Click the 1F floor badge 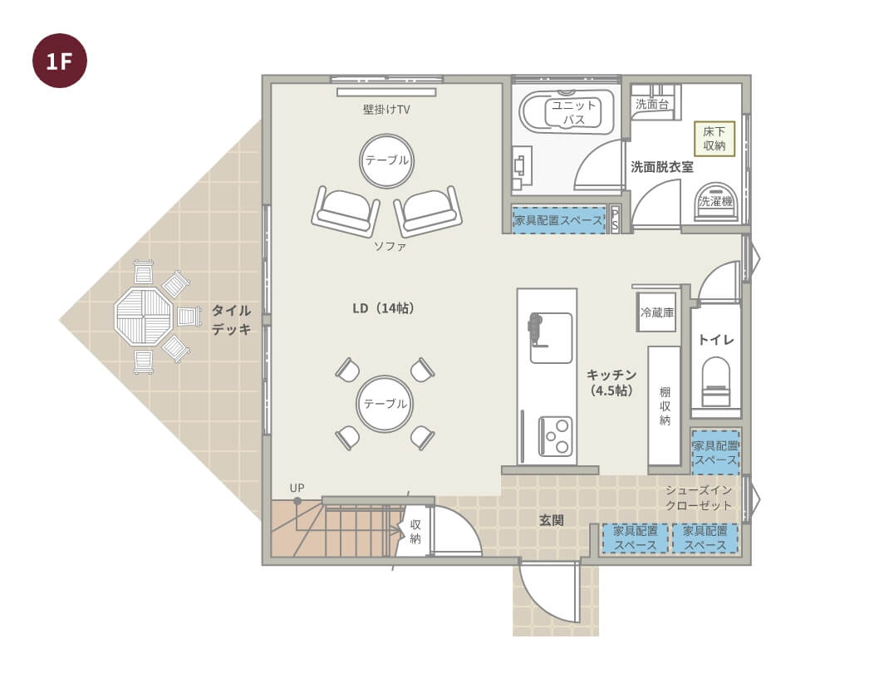click(60, 61)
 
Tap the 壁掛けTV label click(386, 110)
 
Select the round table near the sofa click(386, 160)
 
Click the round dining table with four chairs click(385, 404)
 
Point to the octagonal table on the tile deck click(143, 317)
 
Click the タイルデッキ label click(231, 320)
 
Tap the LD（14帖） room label click(383, 308)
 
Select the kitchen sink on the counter click(551, 337)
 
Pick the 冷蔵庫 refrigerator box click(657, 312)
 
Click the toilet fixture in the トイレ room click(716, 382)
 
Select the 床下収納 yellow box click(715, 139)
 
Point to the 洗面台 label click(652, 104)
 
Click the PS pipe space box click(615, 219)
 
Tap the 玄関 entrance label click(551, 520)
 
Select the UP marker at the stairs click(297, 488)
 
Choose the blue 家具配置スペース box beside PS click(558, 220)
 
